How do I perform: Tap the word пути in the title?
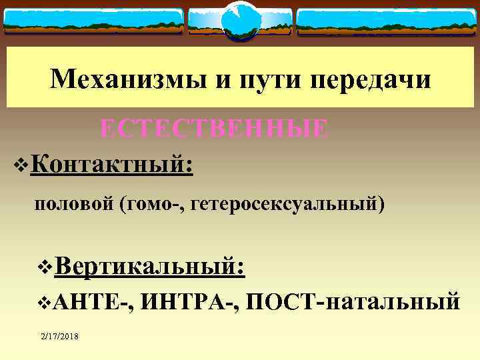click(x=261, y=80)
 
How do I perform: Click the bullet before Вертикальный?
click(x=45, y=269)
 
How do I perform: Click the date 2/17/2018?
click(x=59, y=338)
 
